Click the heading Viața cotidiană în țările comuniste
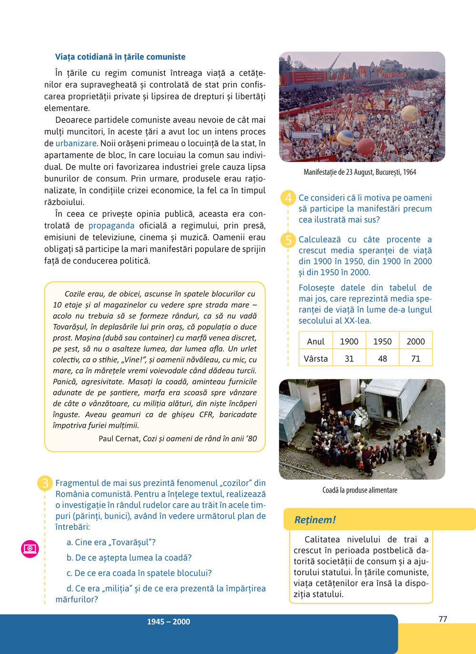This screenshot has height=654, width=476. point(120,57)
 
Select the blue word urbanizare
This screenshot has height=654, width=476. point(76,143)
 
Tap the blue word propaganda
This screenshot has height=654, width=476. point(111,226)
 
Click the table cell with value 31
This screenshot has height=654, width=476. point(349,359)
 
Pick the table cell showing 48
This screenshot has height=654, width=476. point(382,359)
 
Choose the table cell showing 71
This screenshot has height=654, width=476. point(416,359)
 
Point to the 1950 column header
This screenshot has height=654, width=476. point(382,342)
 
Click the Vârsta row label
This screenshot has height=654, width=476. point(316,359)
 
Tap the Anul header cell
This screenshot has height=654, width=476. point(316,342)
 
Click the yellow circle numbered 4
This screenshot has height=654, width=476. point(288,198)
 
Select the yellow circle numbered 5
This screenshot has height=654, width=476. point(288,240)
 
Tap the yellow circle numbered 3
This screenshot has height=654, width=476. point(45,483)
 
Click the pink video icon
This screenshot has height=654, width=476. point(30,549)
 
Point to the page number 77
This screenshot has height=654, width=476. point(443,619)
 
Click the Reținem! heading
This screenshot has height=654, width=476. point(315,520)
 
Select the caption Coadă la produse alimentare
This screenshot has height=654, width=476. point(359,490)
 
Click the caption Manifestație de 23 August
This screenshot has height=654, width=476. point(359,172)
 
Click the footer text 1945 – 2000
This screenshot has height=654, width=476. point(169,622)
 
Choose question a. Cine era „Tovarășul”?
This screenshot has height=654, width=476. point(111,542)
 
